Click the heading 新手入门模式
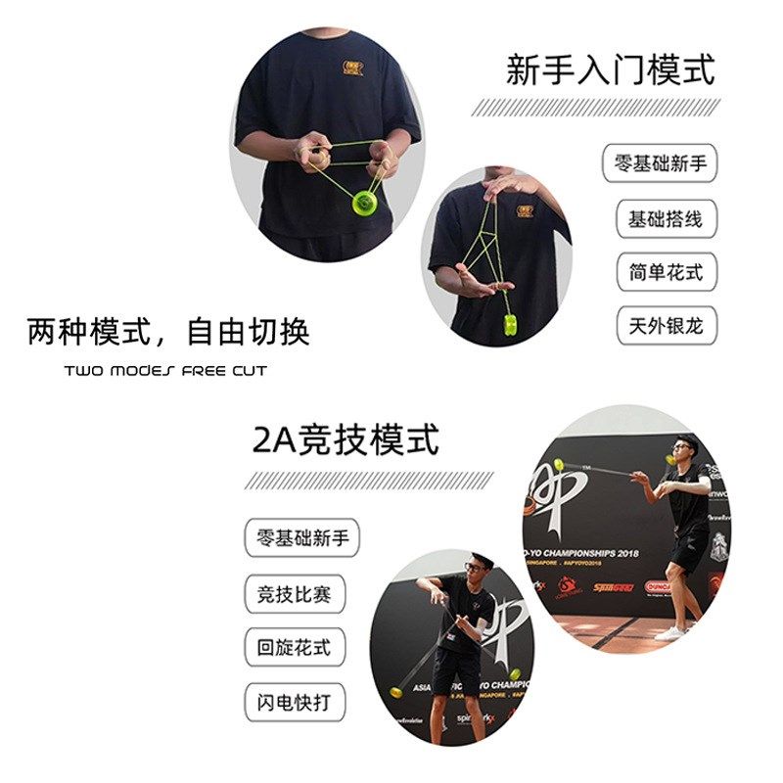pos(611,69)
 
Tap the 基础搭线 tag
pos(666,218)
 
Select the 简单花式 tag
pos(666,272)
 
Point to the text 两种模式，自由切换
pos(168,332)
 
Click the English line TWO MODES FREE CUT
pos(165,371)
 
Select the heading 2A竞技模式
pos(346,440)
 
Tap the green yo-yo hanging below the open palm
pos(510,324)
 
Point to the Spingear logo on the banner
pos(613,588)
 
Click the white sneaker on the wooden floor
pos(671,633)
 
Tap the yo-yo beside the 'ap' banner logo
pos(559,465)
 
